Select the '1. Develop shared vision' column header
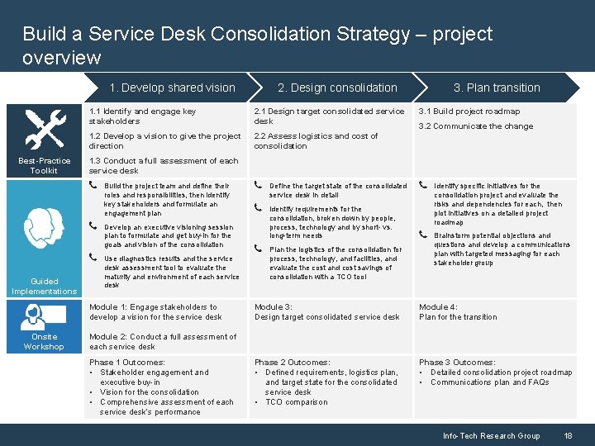tap(173, 88)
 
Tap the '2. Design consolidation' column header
tap(337, 88)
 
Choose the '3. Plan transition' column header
tap(496, 88)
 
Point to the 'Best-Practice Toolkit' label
tap(44, 165)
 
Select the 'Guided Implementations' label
tap(44, 286)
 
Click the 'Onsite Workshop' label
tap(44, 341)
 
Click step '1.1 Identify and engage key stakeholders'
tap(143, 116)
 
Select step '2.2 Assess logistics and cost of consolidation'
tap(316, 141)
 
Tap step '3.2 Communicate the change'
tap(475, 126)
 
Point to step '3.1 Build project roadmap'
tap(469, 111)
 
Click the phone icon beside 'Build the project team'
tap(93, 186)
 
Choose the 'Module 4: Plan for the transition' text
tap(458, 311)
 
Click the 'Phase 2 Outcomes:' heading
tap(292, 363)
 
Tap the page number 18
tap(568, 435)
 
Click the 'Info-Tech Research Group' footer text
tap(491, 435)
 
